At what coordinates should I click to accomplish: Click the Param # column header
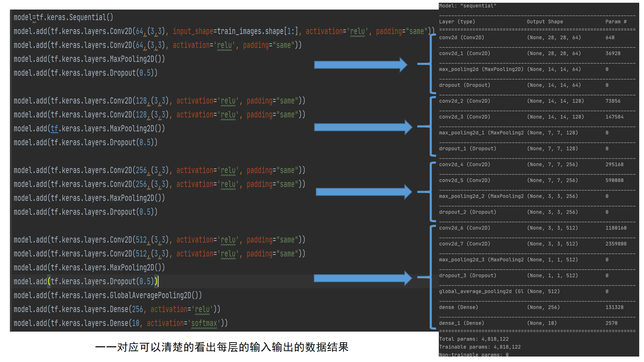tap(616, 21)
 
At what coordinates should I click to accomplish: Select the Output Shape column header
tap(545, 21)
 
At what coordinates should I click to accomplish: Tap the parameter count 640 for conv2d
tap(610, 38)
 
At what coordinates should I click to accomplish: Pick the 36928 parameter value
tap(613, 53)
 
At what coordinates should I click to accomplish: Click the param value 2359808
tap(616, 244)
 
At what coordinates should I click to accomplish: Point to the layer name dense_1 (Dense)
tap(461, 323)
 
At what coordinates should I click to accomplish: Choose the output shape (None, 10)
tap(542, 323)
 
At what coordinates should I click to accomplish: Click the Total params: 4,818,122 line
tap(474, 339)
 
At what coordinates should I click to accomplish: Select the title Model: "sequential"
tap(467, 6)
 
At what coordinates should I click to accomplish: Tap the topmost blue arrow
tap(360, 65)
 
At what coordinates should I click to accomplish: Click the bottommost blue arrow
tap(362, 278)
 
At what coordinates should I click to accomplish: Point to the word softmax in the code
tap(204, 323)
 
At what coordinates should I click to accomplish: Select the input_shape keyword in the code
tap(193, 31)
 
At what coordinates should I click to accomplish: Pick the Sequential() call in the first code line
tap(91, 17)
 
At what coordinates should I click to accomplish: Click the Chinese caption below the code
tap(222, 347)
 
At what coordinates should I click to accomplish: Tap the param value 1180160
tap(616, 228)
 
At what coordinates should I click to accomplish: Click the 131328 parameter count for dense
tap(614, 307)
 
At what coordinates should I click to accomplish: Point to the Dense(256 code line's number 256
tap(138, 309)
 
